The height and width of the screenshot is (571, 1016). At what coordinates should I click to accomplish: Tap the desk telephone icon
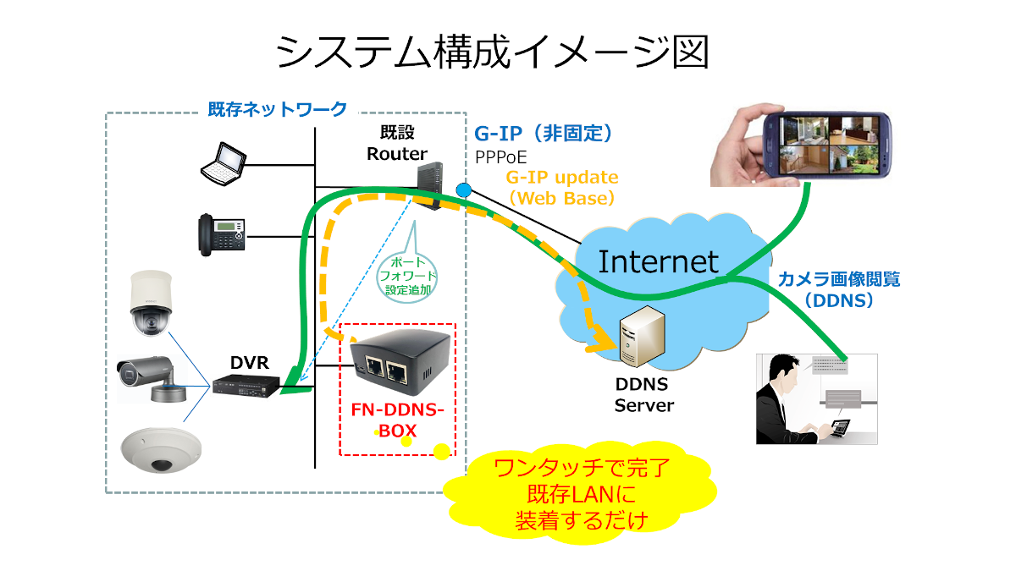point(220,233)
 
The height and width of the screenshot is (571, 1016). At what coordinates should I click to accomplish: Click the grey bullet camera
point(148,373)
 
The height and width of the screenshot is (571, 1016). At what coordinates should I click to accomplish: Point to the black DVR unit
point(246,387)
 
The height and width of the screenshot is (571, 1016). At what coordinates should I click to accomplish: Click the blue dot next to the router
point(463,188)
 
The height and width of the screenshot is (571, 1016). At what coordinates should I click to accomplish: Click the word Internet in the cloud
point(659,261)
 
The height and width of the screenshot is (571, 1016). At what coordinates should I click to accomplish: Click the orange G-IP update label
point(562,188)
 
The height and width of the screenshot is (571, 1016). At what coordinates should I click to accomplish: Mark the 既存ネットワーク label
point(278,109)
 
